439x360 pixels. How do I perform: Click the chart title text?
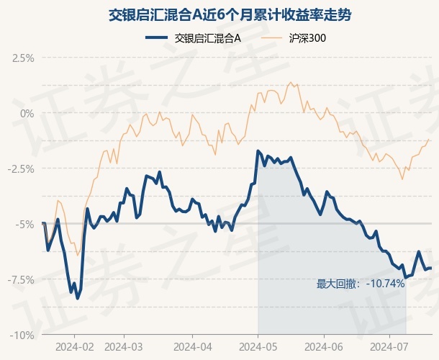[x=230, y=14]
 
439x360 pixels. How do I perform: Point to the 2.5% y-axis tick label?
[x=23, y=58]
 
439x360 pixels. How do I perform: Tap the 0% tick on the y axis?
[x=27, y=114]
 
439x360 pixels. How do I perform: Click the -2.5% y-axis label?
[x=21, y=169]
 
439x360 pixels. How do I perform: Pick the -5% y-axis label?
[x=25, y=225]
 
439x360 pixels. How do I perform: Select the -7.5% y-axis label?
[x=21, y=280]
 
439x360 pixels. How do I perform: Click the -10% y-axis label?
[x=22, y=335]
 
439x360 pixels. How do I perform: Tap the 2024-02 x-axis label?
[x=75, y=347]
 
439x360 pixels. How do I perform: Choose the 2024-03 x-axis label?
[x=124, y=347]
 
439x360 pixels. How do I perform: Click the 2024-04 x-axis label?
[x=193, y=347]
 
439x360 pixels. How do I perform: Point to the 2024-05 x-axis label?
[x=258, y=347]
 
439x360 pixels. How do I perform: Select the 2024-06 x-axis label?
[x=324, y=347]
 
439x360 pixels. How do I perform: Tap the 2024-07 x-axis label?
[x=389, y=347]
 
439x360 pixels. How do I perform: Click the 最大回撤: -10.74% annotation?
[x=361, y=284]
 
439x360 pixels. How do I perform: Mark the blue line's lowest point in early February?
[x=78, y=299]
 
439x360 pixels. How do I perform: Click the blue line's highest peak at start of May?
[x=258, y=151]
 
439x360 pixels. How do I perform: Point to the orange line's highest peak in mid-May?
[x=291, y=82]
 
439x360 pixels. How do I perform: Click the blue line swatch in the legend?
[x=156, y=38]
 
